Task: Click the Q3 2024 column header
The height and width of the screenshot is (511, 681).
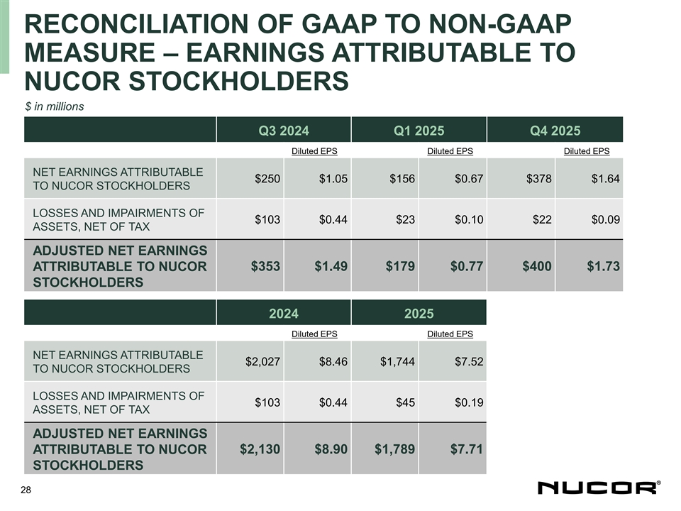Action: pyautogui.click(x=283, y=130)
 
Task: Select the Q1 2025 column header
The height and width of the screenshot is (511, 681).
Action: pyautogui.click(x=419, y=130)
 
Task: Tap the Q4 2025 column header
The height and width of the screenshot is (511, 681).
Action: pyautogui.click(x=555, y=130)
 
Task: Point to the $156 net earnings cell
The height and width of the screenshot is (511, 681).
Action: pyautogui.click(x=402, y=178)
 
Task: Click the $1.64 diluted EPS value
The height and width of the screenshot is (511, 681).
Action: pyautogui.click(x=605, y=178)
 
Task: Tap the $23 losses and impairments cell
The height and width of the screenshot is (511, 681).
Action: pyautogui.click(x=405, y=219)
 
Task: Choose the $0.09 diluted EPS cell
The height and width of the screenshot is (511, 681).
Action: pyautogui.click(x=605, y=219)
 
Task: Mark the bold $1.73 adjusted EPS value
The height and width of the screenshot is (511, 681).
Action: pyautogui.click(x=603, y=266)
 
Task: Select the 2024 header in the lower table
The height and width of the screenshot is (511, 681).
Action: pyautogui.click(x=283, y=313)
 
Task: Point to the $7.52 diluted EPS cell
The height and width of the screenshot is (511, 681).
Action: pyautogui.click(x=469, y=361)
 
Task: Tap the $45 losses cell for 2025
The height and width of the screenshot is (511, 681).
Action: pyautogui.click(x=405, y=402)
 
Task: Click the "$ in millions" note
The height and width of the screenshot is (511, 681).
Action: pyautogui.click(x=55, y=106)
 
